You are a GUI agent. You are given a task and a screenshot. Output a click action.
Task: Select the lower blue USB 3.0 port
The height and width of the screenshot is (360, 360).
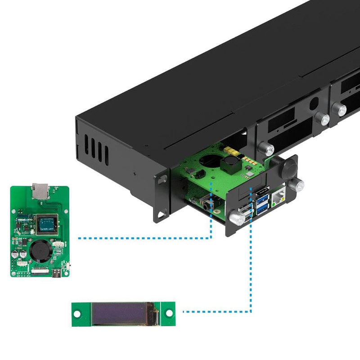(x=263, y=207)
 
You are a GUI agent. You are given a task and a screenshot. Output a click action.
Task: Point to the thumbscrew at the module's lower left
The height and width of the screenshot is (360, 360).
(x=236, y=218)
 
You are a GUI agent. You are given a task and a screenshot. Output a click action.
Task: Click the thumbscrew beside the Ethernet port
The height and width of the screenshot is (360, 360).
(x=297, y=184)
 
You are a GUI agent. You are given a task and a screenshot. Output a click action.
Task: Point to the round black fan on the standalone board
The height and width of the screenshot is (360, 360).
(x=38, y=249)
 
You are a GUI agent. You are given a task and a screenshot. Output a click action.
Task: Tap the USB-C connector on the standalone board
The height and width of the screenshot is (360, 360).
(x=58, y=274)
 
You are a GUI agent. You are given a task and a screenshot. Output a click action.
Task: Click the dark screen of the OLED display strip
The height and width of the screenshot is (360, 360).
(x=121, y=313)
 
